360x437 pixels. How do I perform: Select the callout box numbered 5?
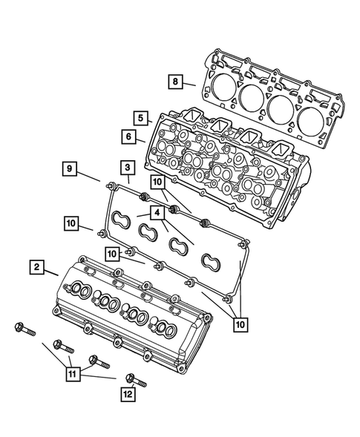pyautogui.click(x=140, y=117)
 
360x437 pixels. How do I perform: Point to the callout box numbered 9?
pyautogui.click(x=68, y=169)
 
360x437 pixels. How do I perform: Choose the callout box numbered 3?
pyautogui.click(x=128, y=168)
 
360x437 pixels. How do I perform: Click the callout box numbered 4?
pyautogui.click(x=157, y=211)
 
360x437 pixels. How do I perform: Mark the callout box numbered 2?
pyautogui.click(x=36, y=266)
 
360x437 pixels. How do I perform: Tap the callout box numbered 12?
pyautogui.click(x=128, y=395)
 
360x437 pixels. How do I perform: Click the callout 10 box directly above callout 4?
pyautogui.click(x=157, y=182)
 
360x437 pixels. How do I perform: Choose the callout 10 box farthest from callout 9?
pyautogui.click(x=239, y=323)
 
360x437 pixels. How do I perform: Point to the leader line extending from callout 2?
pyautogui.click(x=51, y=272)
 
